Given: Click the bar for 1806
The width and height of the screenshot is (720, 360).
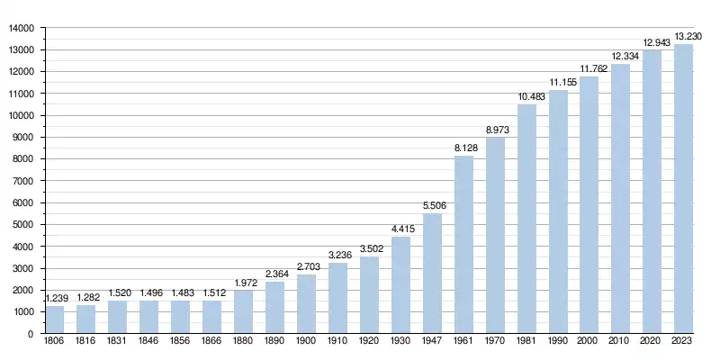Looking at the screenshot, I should [55, 319].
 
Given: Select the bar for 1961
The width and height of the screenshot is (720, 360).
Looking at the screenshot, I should [463, 245].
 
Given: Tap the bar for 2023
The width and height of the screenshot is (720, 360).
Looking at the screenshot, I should [684, 189].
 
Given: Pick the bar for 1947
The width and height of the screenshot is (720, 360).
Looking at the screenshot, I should [432, 274].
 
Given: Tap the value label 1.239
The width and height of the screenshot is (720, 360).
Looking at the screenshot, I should [55, 298].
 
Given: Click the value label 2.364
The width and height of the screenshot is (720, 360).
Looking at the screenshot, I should [274, 274].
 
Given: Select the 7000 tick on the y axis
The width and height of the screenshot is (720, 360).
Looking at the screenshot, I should [23, 181].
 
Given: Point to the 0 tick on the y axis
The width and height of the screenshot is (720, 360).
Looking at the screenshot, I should [31, 334].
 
